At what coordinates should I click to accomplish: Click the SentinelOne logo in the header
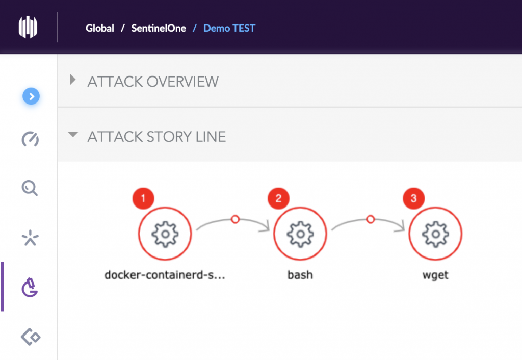(28, 27)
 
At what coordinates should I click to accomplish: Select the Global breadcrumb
(99, 28)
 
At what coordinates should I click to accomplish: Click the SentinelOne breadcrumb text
(159, 28)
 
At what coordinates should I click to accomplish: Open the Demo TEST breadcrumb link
(229, 28)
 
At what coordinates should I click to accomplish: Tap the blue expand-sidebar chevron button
(31, 96)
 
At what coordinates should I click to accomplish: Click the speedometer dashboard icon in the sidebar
(30, 139)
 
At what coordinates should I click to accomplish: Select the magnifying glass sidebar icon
(30, 188)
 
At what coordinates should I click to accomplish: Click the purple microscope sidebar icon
(30, 287)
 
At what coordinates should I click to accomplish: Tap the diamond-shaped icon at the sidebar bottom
(31, 337)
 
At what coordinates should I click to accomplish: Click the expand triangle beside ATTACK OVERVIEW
(73, 80)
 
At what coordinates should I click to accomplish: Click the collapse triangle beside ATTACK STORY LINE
(73, 135)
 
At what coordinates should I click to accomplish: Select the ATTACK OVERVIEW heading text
(153, 82)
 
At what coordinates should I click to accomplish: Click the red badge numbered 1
(143, 198)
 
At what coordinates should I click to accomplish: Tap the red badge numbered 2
(279, 198)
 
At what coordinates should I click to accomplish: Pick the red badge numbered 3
(414, 198)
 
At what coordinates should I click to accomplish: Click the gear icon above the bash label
(300, 234)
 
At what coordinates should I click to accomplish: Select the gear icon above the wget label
(435, 234)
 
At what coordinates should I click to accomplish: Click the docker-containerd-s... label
(165, 275)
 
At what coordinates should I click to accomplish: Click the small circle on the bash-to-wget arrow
(371, 219)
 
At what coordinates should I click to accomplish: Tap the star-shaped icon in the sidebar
(30, 238)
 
